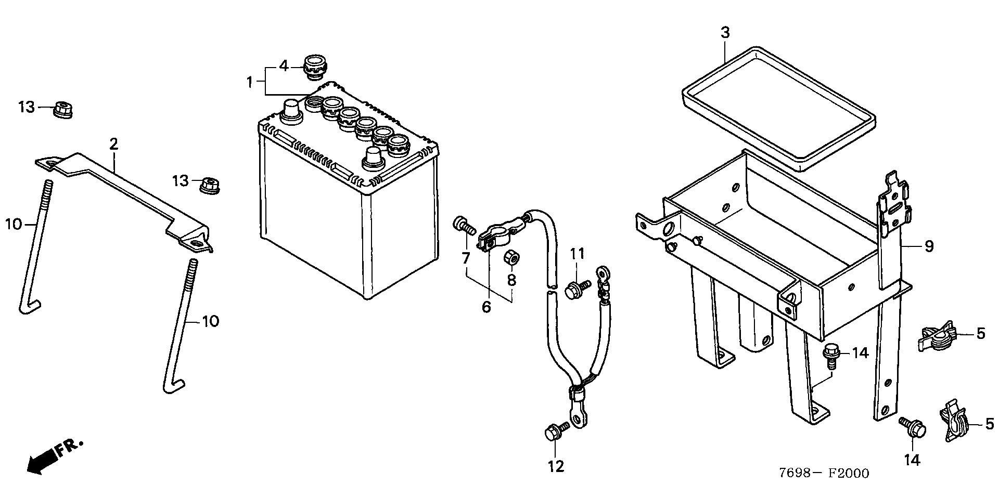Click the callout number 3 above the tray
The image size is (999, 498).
pos(725,32)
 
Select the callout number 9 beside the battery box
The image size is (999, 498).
pos(929,246)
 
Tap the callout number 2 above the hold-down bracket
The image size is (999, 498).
pos(114,144)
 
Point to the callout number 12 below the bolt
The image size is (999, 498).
pos(556,466)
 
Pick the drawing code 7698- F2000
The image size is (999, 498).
pos(824,473)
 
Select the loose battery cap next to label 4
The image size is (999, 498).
pos(314,67)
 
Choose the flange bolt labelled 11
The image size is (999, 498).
pos(578,288)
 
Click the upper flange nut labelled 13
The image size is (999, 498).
pos(63,110)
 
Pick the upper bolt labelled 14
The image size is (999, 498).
pos(830,355)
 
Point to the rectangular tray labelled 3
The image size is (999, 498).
pos(778,109)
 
